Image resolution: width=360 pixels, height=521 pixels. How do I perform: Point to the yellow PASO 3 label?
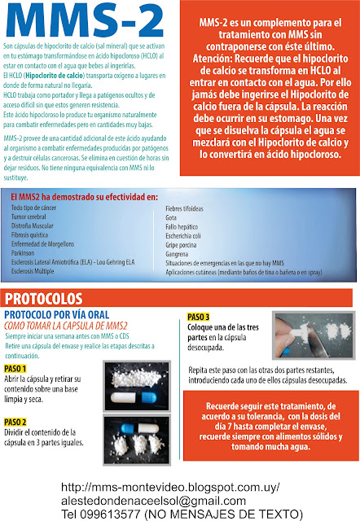click(199, 317)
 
